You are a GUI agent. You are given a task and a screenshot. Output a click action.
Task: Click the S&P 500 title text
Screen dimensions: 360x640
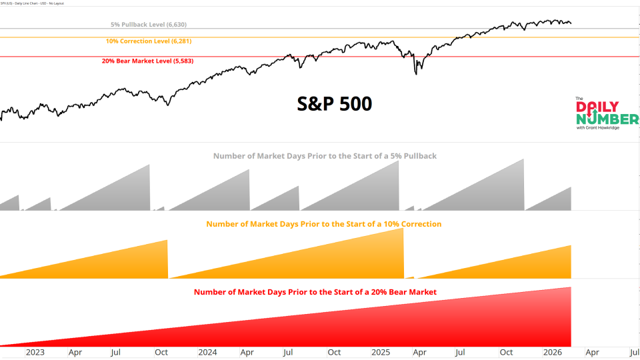pos(334,104)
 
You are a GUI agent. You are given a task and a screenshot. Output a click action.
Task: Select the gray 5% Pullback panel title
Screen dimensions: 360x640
pos(325,156)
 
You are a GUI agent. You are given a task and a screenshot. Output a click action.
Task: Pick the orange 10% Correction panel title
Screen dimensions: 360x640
pos(323,224)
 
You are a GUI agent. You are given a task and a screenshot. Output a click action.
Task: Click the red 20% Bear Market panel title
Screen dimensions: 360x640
pos(315,292)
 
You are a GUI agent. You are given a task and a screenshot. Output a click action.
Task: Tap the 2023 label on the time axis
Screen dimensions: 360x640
pos(35,352)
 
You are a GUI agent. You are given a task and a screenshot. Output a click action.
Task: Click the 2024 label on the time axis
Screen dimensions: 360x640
pos(207,352)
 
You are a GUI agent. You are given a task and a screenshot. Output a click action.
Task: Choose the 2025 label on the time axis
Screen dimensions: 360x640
pos(380,352)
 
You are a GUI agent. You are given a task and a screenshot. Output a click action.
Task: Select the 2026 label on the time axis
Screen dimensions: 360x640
pos(553,352)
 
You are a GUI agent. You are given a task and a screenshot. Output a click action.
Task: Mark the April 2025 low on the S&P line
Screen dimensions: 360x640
pos(416,73)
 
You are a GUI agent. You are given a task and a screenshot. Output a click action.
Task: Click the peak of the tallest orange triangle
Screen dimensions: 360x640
pos(403,229)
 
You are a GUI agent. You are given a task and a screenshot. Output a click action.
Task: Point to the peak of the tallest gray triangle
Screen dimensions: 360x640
pos(523,159)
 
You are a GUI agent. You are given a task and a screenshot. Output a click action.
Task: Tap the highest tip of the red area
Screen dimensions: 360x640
pos(571,287)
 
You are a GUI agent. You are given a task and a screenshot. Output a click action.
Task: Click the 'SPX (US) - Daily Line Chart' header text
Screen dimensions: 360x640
pos(37,3)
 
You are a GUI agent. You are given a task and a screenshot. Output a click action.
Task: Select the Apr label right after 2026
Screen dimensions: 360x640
pos(592,352)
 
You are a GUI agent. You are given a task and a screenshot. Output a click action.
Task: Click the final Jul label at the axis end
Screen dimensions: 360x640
pos(633,352)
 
